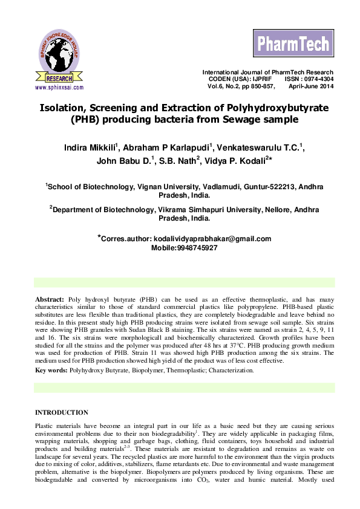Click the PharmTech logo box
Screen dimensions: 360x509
tap(293, 44)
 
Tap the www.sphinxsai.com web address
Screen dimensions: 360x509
tap(59, 87)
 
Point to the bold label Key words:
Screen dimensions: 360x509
tap(51, 369)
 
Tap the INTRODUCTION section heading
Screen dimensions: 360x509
tap(62, 412)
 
